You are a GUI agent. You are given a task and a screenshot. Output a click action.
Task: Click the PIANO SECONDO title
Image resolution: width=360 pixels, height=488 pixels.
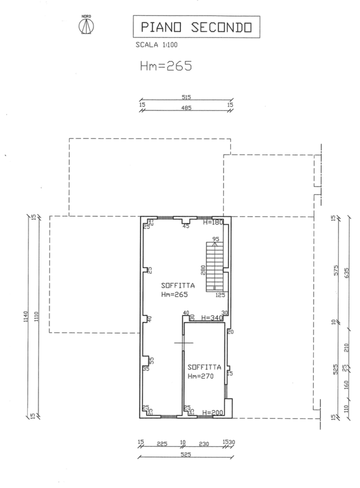196,27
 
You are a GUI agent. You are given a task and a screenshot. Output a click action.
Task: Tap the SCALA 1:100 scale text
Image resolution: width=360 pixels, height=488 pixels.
156,45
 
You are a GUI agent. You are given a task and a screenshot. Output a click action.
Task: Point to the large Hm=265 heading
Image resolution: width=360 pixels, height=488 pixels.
166,66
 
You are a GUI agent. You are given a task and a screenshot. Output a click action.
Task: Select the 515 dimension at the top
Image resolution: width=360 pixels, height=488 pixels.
186,97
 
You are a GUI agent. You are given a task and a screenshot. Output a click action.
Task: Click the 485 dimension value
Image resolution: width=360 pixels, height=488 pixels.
186,108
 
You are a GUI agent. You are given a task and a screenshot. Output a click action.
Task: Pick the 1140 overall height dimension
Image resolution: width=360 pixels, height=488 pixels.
26,317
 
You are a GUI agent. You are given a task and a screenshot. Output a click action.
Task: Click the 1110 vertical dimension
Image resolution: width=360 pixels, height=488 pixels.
36,317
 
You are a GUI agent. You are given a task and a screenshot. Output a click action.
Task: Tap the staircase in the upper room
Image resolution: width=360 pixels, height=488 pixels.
215,267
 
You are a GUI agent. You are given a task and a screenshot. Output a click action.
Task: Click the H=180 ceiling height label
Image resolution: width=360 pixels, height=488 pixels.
213,222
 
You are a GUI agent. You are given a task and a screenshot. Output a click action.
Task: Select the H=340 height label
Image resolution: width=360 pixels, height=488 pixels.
212,318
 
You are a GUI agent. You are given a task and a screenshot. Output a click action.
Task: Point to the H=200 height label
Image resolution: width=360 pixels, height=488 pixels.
212,413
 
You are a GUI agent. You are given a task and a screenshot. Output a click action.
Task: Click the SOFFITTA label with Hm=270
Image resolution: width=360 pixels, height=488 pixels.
204,372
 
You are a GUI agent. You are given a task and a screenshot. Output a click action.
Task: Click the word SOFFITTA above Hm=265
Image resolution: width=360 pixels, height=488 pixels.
178,285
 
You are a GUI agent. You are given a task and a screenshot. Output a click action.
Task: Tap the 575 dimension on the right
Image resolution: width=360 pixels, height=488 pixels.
336,270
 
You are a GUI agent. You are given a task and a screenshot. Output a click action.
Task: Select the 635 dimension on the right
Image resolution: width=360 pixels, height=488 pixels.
346,272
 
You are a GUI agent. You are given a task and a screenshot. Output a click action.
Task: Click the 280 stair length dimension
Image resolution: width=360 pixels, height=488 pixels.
203,270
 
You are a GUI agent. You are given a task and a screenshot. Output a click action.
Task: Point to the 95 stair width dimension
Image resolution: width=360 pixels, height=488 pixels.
216,239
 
